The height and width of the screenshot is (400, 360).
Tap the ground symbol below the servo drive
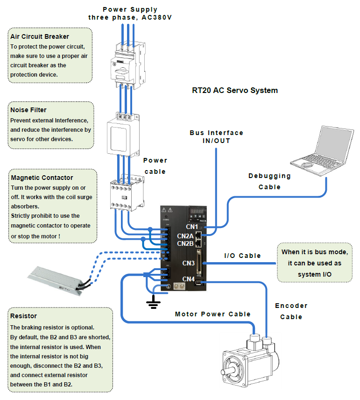152,304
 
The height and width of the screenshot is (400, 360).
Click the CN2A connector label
185,236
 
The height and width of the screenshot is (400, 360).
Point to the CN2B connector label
185,243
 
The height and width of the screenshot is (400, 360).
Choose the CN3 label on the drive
188,263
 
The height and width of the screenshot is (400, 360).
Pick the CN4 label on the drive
188,279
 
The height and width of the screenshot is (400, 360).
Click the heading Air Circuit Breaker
40,36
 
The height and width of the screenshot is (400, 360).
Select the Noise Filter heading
28,110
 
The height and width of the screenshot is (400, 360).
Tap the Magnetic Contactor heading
42,178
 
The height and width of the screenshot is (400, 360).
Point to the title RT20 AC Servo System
234,91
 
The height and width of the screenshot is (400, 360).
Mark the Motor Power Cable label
212,314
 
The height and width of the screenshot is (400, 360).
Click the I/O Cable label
242,256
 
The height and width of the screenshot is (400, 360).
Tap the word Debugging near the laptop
269,176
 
